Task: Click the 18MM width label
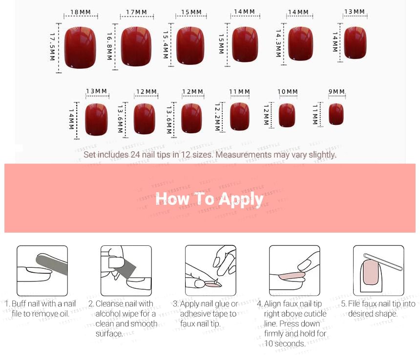point(81,12)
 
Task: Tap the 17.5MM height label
point(53,47)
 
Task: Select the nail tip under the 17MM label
point(136,46)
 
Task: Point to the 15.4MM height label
point(166,45)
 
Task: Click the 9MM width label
point(336,92)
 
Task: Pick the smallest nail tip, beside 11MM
point(336,114)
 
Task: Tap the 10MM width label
point(288,92)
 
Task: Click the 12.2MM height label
point(217,117)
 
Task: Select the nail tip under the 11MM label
point(239,117)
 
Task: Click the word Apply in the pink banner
point(241,200)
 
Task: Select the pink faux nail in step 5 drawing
point(371,272)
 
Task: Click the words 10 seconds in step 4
point(285,343)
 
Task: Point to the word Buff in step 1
point(19,303)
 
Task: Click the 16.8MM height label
point(109,46)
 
